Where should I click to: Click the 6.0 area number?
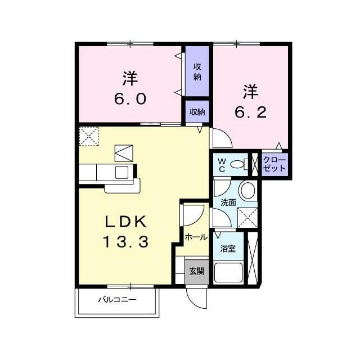tap(130, 99)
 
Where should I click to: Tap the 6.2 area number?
tap(250, 112)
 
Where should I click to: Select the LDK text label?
tap(126, 222)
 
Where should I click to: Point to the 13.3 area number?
tap(125, 242)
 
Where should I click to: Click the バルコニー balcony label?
tap(117, 300)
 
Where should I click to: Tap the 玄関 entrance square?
tap(197, 272)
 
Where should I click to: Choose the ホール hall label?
tap(196, 237)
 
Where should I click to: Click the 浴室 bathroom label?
tap(228, 249)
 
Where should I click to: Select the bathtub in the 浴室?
tap(228, 272)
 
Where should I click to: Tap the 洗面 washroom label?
tap(228, 202)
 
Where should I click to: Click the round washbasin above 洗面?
tap(247, 190)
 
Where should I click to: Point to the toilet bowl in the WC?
tap(237, 164)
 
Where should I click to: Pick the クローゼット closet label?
tap(274, 164)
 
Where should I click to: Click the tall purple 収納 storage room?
tap(197, 71)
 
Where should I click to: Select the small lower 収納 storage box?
tap(197, 111)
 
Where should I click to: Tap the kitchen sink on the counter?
tap(121, 172)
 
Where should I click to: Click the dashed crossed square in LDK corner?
tap(89, 136)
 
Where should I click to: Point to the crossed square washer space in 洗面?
tap(247, 218)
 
